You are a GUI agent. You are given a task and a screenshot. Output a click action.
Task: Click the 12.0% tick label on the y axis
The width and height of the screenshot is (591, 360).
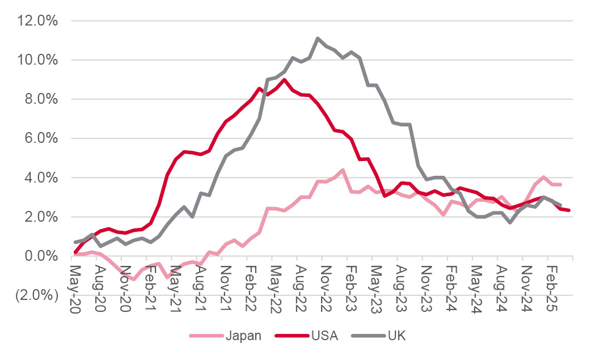click(37, 21)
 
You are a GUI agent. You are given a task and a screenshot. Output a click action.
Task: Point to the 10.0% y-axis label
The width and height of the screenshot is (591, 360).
click(37, 60)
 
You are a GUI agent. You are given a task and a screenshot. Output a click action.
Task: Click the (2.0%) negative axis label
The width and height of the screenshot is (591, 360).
click(36, 295)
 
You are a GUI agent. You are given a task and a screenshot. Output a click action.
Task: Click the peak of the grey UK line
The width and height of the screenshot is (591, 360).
click(318, 39)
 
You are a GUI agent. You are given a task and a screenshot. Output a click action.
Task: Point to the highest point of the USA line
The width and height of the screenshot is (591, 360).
click(285, 79)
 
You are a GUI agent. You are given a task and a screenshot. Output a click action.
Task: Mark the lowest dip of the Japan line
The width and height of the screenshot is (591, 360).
click(133, 279)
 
